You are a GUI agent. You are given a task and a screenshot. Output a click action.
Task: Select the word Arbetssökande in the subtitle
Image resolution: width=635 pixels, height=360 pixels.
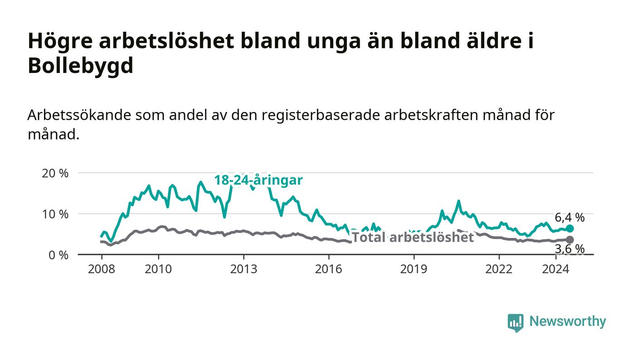79,115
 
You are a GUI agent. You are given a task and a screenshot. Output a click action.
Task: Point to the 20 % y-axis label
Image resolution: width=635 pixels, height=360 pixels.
55,173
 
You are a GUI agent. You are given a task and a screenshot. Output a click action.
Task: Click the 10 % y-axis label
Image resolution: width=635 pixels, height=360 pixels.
55,214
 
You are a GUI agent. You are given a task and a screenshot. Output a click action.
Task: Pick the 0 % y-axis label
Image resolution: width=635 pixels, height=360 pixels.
59,255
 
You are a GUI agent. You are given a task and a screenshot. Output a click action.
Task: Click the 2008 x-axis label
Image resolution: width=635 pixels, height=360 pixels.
102,269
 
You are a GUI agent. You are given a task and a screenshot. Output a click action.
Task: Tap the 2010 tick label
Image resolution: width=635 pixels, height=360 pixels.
158,269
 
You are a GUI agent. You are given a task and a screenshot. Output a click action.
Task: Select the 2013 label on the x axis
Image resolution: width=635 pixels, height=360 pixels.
244,269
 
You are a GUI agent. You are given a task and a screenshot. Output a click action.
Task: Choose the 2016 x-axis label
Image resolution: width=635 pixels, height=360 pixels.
328,269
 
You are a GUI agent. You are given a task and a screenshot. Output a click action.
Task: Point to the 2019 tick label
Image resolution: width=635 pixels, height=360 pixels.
414,269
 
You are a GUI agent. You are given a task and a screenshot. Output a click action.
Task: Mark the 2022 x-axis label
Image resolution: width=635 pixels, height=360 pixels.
499,269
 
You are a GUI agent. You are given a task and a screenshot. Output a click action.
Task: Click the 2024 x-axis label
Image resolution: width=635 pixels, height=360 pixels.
556,269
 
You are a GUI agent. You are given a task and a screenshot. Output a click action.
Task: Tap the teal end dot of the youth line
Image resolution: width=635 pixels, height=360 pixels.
570,228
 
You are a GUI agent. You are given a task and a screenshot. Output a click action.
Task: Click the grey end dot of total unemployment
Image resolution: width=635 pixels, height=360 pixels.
570,240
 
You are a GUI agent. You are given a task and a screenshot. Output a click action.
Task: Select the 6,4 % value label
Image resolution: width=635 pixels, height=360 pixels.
570,218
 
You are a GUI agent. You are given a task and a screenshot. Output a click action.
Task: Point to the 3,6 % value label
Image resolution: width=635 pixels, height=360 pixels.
570,249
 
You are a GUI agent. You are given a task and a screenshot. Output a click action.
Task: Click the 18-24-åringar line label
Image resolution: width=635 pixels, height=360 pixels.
259,180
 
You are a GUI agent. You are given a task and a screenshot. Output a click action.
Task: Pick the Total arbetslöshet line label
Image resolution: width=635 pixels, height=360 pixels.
413,238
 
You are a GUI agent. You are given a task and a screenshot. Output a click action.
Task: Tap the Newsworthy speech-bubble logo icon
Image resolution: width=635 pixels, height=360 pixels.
515,323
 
